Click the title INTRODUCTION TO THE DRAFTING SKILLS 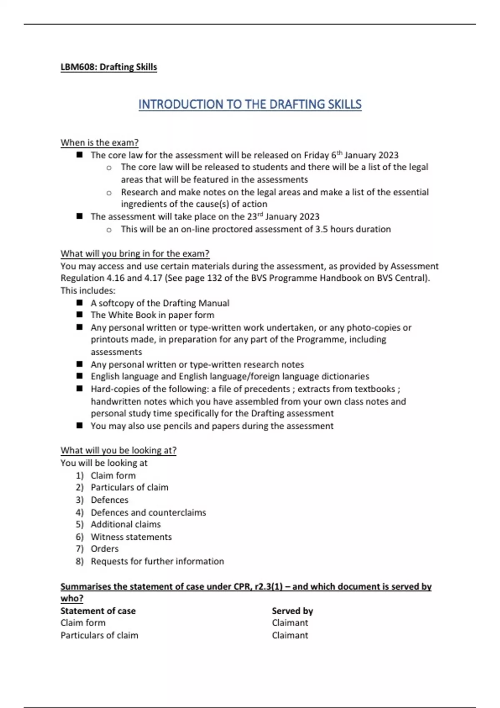click(x=250, y=104)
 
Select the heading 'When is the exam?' click(x=99, y=142)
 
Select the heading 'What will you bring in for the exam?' click(x=135, y=254)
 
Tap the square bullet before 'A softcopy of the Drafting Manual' click(x=80, y=303)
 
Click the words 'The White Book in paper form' click(x=152, y=315)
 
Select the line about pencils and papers click(x=212, y=426)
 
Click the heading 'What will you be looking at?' click(x=118, y=450)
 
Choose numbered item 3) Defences click(x=109, y=500)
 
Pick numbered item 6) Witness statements click(x=131, y=537)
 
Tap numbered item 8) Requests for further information click(x=157, y=561)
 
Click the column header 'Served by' click(x=292, y=611)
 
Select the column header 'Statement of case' click(x=98, y=611)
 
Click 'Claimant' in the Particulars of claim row click(x=290, y=636)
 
